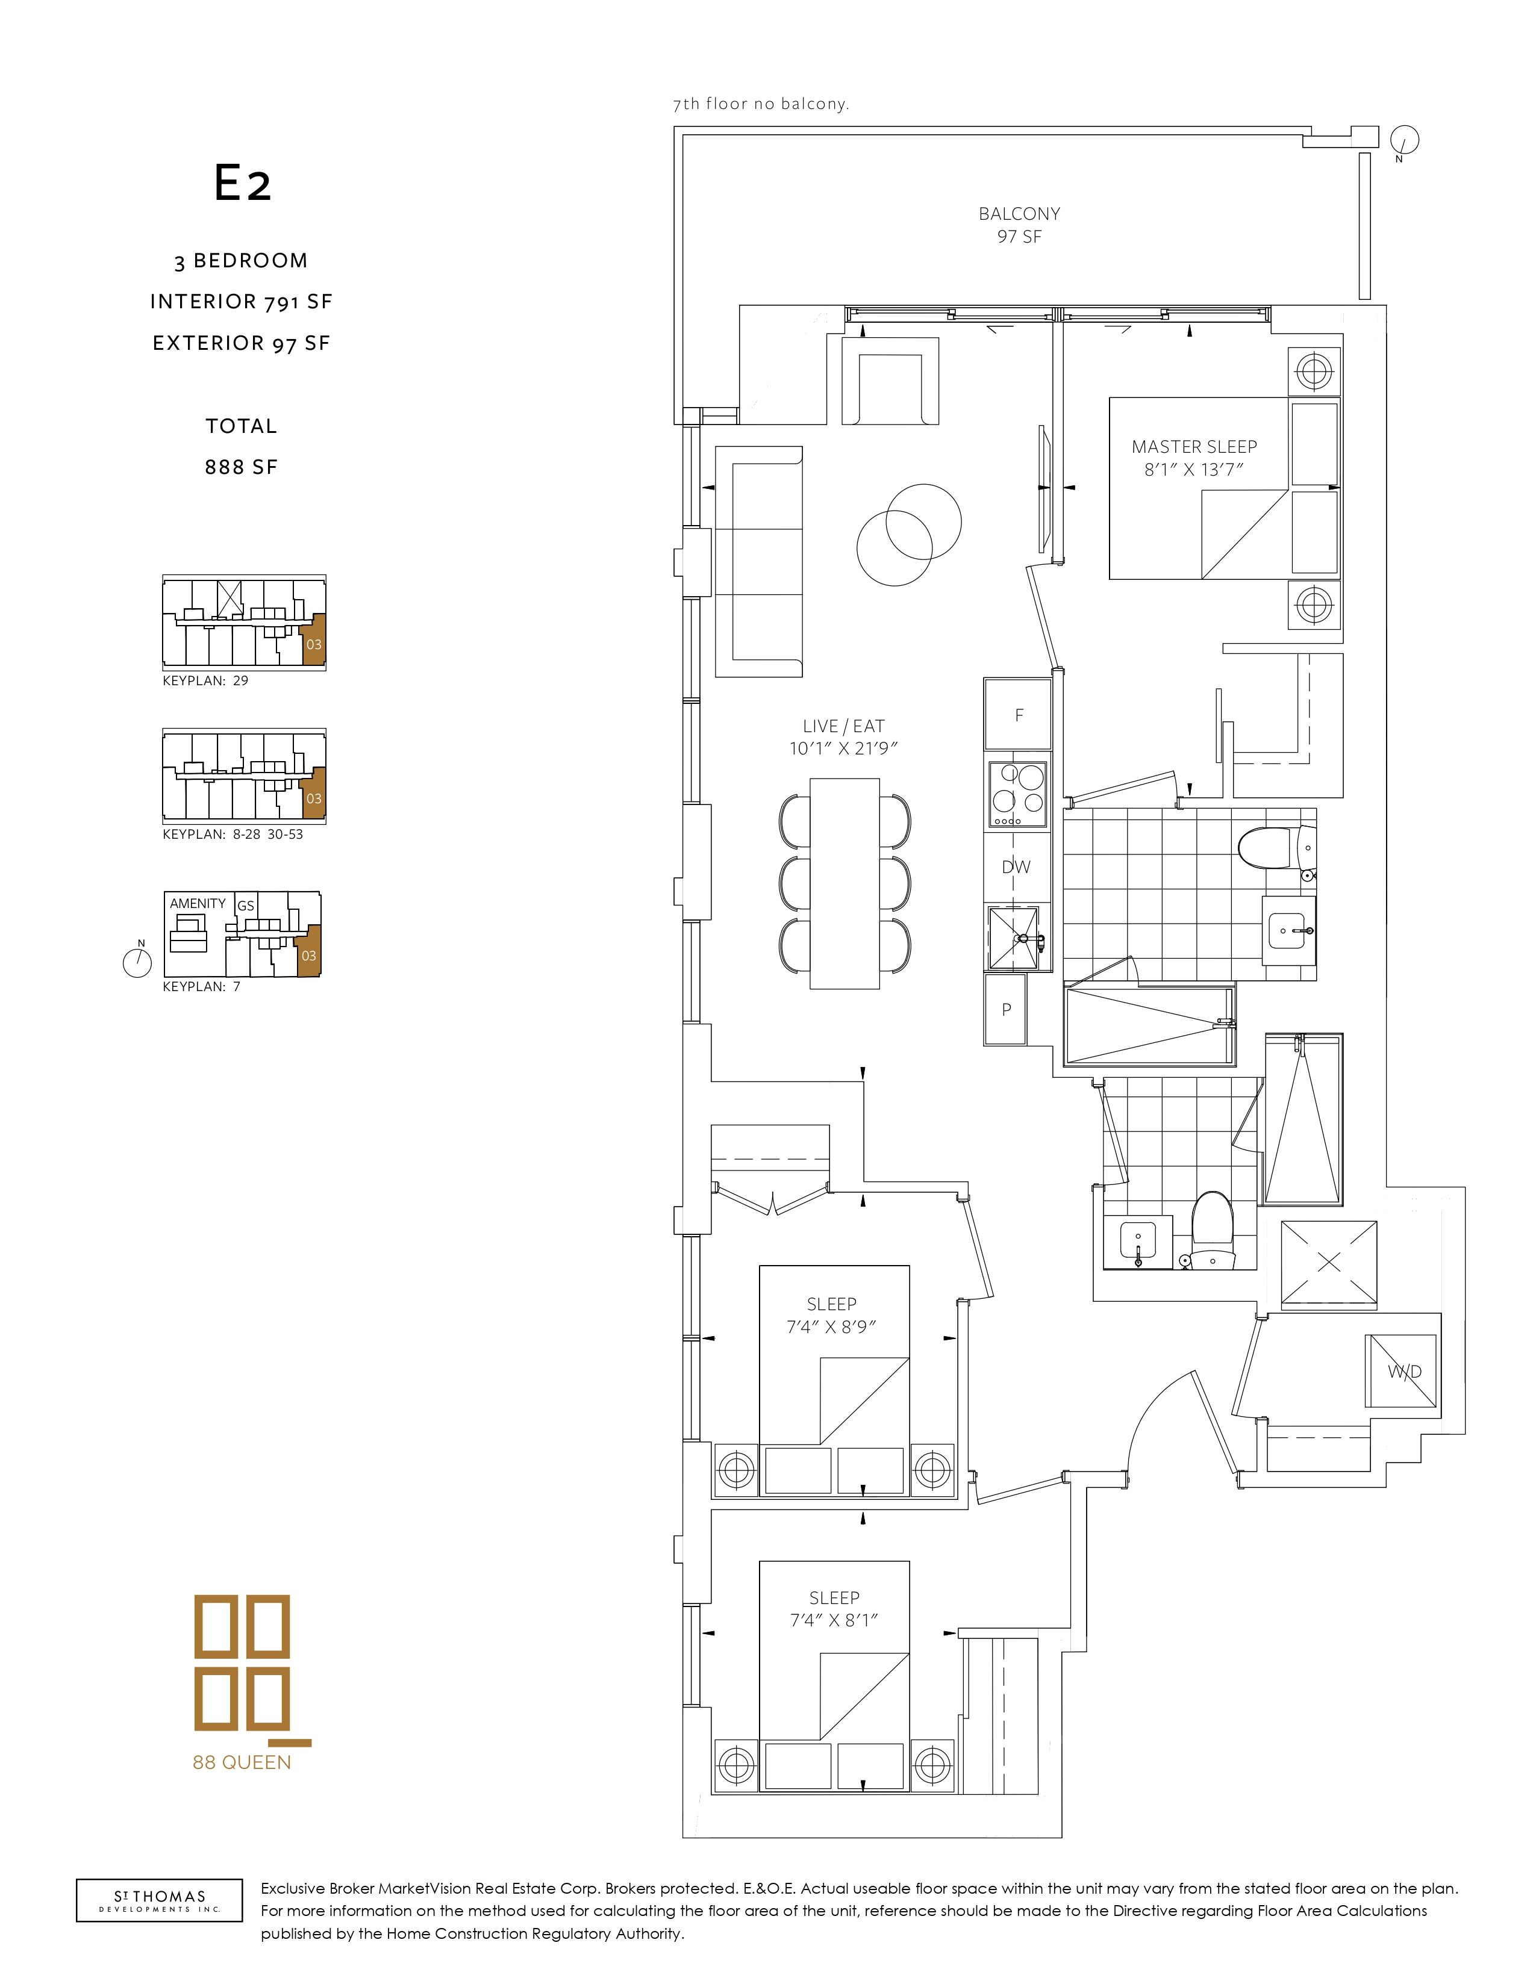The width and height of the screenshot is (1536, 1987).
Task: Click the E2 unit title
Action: (x=242, y=183)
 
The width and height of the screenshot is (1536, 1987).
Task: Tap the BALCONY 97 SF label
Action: (x=1019, y=225)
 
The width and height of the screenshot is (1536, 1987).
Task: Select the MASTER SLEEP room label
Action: (x=1194, y=458)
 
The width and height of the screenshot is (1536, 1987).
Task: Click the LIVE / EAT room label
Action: (x=843, y=737)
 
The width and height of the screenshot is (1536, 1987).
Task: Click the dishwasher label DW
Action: (x=1016, y=867)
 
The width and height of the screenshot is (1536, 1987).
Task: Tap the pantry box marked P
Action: (x=1005, y=1009)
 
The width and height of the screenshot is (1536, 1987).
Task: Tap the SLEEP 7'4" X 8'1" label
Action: (x=834, y=1608)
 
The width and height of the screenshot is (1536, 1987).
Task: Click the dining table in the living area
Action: (x=844, y=883)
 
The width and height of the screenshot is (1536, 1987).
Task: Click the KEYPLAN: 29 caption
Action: (x=205, y=680)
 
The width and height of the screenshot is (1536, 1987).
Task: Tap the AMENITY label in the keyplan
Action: (x=198, y=903)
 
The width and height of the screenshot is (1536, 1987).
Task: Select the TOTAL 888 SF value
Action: (x=241, y=467)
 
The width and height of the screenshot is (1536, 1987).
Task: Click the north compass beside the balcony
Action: (x=1404, y=141)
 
